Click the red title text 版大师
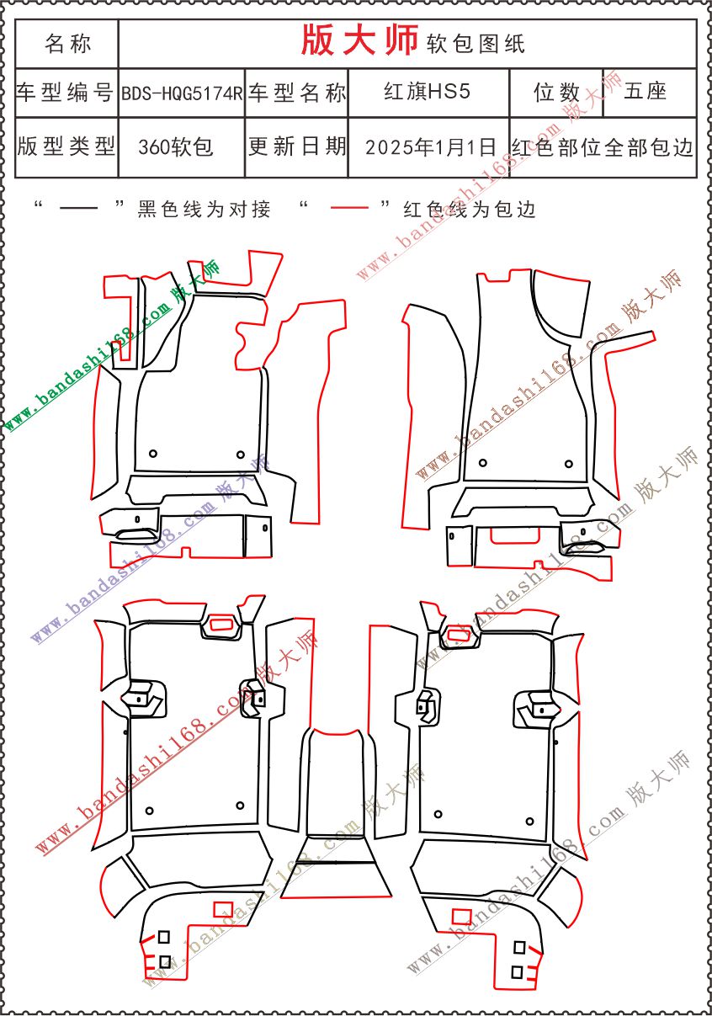(359, 40)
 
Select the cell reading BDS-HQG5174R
(182, 93)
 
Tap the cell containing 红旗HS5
(428, 93)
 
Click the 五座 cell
(650, 93)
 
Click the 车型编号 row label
(67, 93)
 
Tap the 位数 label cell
(556, 93)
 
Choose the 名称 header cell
(67, 44)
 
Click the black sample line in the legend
(78, 209)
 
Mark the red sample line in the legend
(349, 208)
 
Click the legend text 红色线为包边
(470, 210)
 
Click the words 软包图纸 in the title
(476, 44)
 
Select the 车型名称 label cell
(296, 93)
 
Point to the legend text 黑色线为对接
(204, 210)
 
